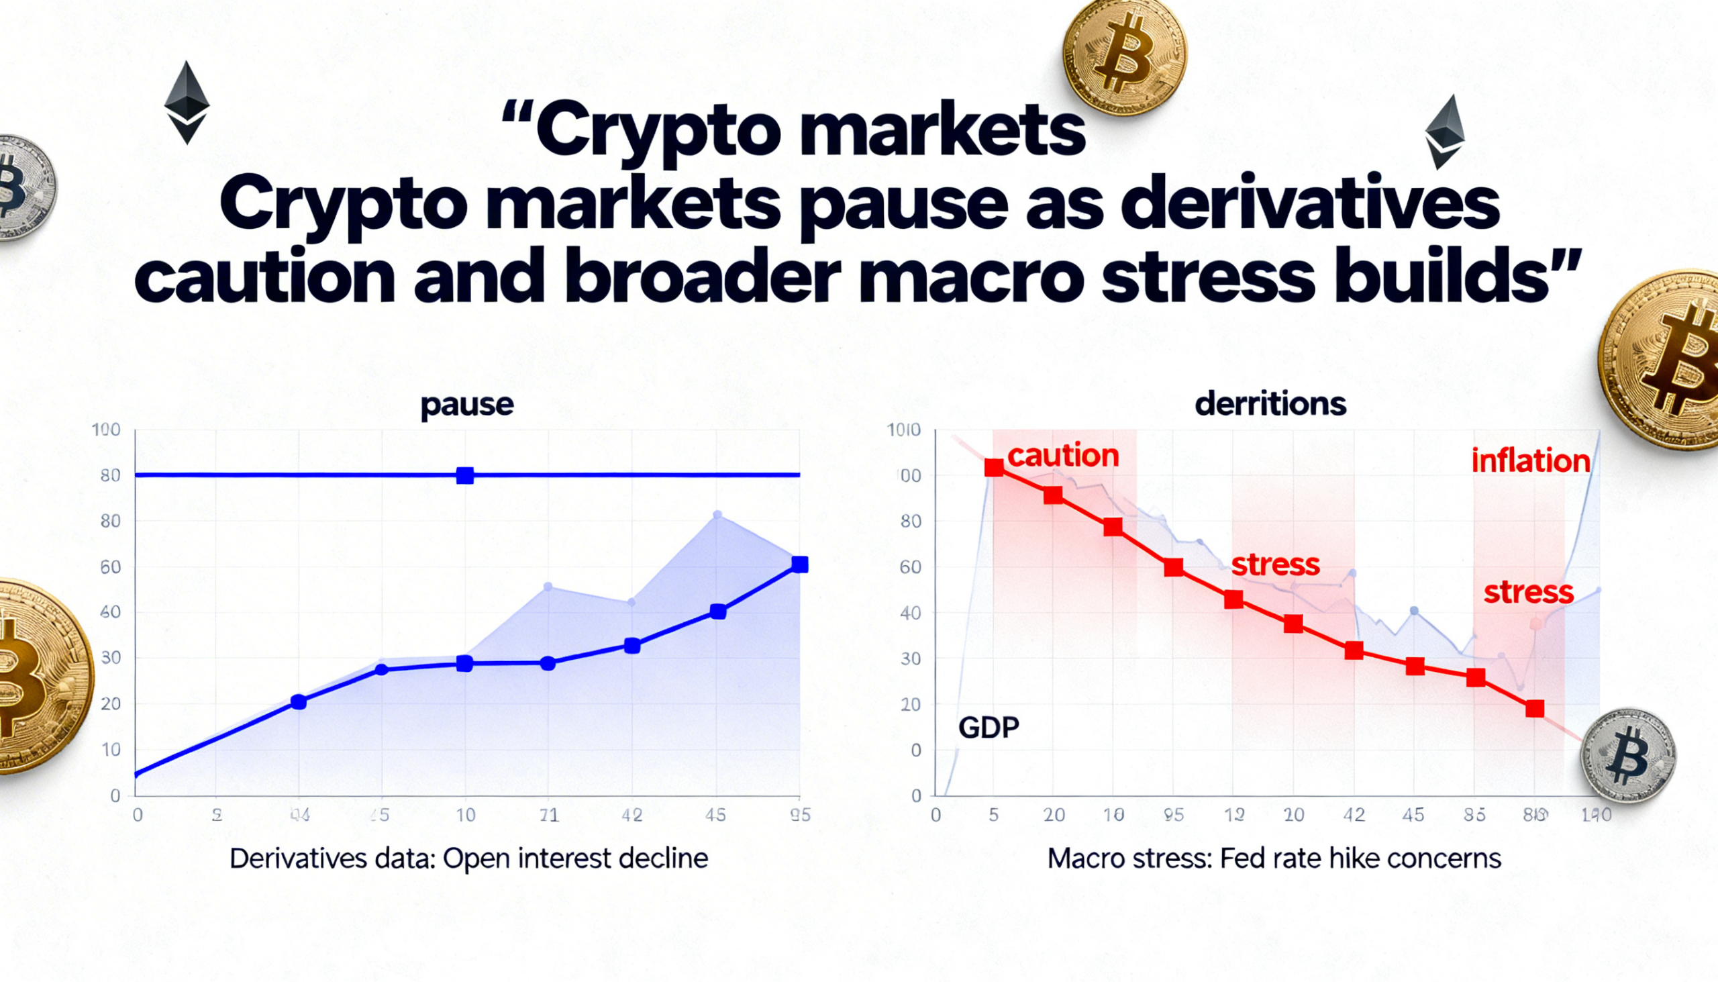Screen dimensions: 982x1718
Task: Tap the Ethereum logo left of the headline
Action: coord(187,103)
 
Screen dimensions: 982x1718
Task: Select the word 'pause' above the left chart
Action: coord(466,404)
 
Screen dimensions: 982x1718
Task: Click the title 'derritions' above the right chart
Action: coord(1270,404)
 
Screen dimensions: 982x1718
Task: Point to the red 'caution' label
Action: coord(1062,456)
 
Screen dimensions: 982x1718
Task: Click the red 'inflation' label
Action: coord(1531,461)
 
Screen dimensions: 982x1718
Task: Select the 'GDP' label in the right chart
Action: coord(989,727)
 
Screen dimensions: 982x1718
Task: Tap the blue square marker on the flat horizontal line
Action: coord(464,475)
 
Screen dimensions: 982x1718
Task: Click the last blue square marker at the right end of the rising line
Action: coord(800,564)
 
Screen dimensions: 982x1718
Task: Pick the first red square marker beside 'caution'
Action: coord(994,467)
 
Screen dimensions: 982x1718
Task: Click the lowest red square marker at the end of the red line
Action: coord(1535,708)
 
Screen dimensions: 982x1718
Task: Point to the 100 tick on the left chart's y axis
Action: coord(107,430)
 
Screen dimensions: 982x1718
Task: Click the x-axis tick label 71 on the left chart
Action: coord(549,815)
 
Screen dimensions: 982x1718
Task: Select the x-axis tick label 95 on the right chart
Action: coord(1173,815)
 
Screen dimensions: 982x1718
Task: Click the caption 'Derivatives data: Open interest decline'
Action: coord(468,858)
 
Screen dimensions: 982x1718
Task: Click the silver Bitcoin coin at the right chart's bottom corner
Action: coord(1627,755)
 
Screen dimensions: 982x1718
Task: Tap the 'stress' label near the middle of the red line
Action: coord(1275,564)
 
